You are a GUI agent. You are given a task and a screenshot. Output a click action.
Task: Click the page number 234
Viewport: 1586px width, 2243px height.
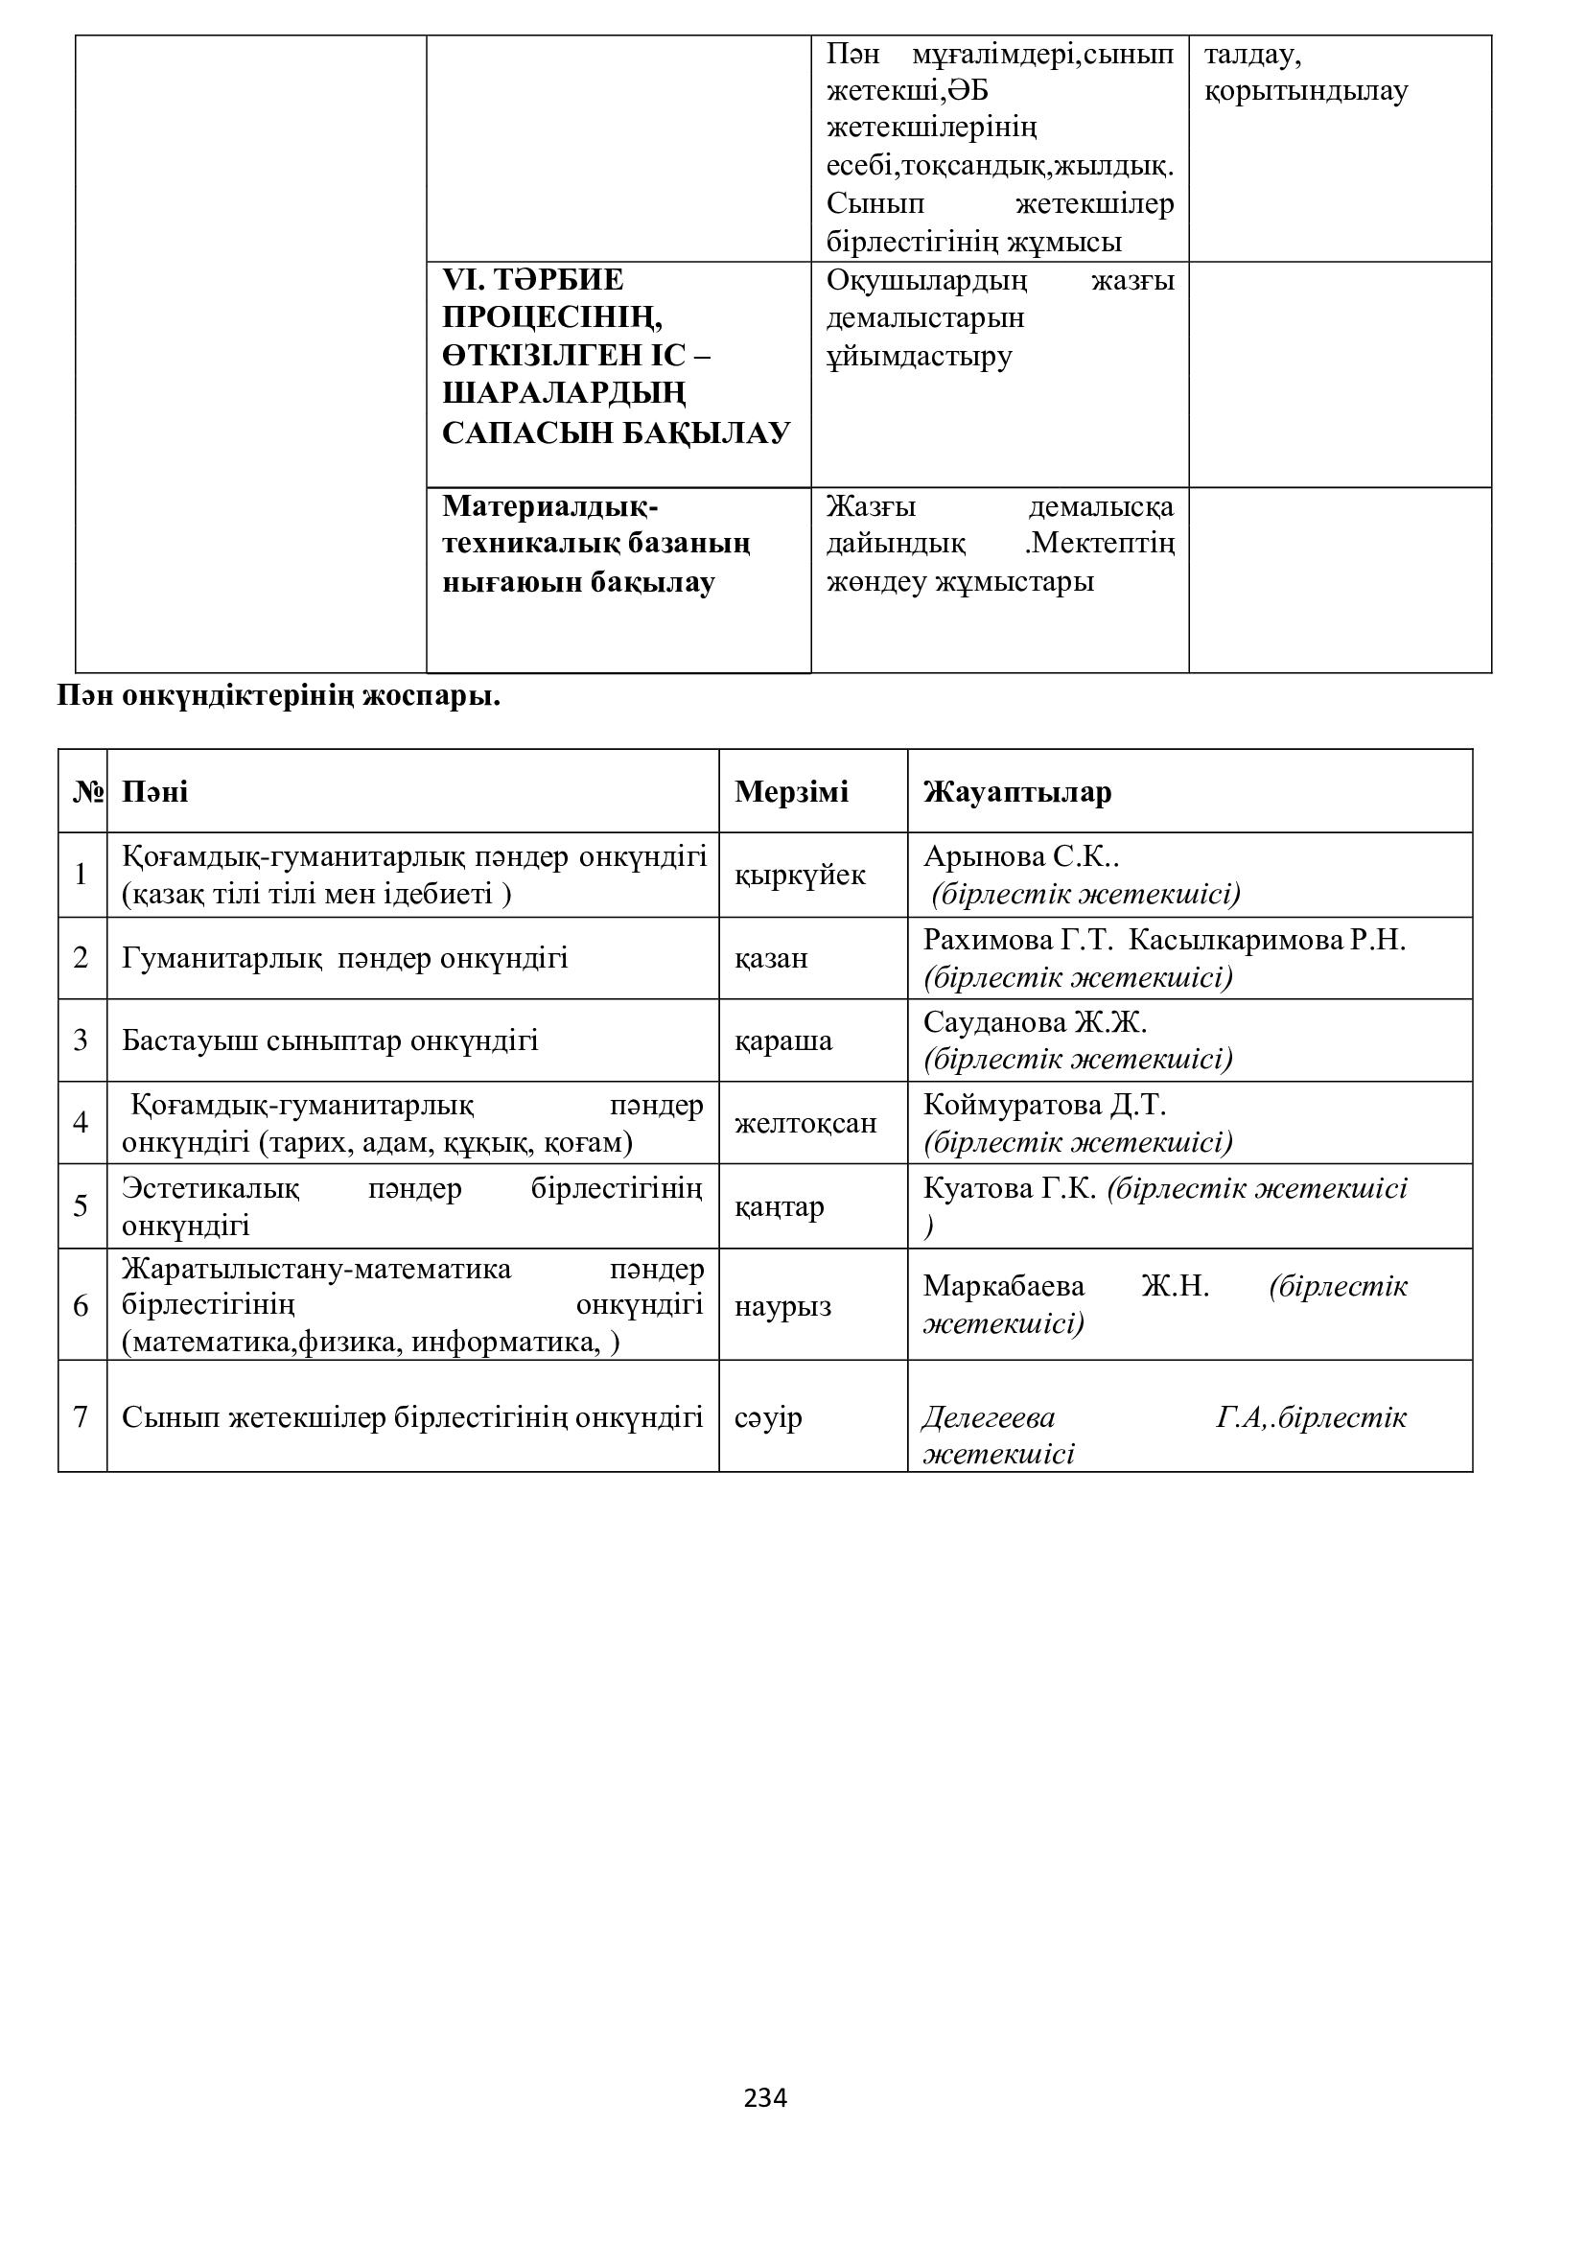764,2097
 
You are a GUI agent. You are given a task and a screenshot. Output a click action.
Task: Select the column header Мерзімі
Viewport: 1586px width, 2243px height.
791,791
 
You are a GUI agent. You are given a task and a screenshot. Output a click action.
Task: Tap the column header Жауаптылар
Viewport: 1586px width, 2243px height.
1016,791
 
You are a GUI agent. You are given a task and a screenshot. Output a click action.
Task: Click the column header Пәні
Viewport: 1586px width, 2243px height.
154,791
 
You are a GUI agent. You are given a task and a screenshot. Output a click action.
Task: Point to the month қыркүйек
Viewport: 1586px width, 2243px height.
800,875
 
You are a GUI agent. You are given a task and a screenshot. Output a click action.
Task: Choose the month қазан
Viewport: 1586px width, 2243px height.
771,957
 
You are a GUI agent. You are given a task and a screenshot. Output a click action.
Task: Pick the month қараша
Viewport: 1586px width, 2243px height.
783,1040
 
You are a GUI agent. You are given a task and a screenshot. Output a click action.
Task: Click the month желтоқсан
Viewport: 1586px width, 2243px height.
805,1123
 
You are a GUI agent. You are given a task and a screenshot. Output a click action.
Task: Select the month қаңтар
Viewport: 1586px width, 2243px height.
780,1206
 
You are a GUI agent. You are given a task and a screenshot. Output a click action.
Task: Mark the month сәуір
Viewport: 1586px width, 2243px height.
768,1416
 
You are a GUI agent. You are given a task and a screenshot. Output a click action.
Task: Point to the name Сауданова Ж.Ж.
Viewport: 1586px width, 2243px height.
1035,1022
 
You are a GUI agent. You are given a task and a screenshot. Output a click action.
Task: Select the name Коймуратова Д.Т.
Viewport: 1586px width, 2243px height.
1044,1105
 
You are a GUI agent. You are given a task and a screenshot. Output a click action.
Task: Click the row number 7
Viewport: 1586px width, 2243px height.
82,1416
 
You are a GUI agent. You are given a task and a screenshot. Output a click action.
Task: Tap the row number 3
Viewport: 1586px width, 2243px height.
82,1040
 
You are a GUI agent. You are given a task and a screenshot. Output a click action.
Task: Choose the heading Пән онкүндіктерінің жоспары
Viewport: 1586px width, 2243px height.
278,697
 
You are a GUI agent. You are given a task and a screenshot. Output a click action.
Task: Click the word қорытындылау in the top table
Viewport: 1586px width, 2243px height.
1306,92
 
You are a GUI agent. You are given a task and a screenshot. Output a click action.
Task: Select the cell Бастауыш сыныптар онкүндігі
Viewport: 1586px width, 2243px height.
330,1040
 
